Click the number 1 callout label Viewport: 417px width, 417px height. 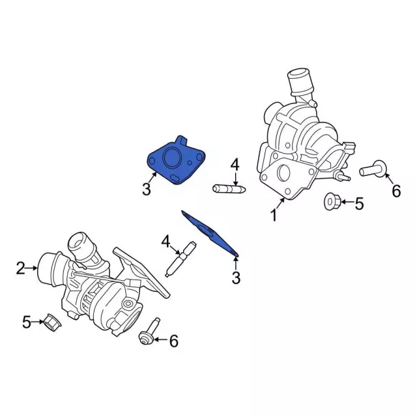point(274,214)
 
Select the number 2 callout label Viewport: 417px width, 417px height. point(20,267)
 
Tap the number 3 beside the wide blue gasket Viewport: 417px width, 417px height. point(146,190)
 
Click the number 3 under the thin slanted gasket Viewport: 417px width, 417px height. point(236,278)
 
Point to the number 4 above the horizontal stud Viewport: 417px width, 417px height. point(235,164)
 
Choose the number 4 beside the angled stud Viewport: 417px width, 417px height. point(166,243)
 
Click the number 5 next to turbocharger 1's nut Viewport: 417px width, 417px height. point(358,204)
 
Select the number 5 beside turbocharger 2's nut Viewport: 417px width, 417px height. point(27,321)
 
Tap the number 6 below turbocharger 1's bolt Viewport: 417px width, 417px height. point(395,191)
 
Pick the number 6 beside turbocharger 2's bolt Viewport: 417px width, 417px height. point(173,340)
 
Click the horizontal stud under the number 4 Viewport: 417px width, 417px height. point(228,189)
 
